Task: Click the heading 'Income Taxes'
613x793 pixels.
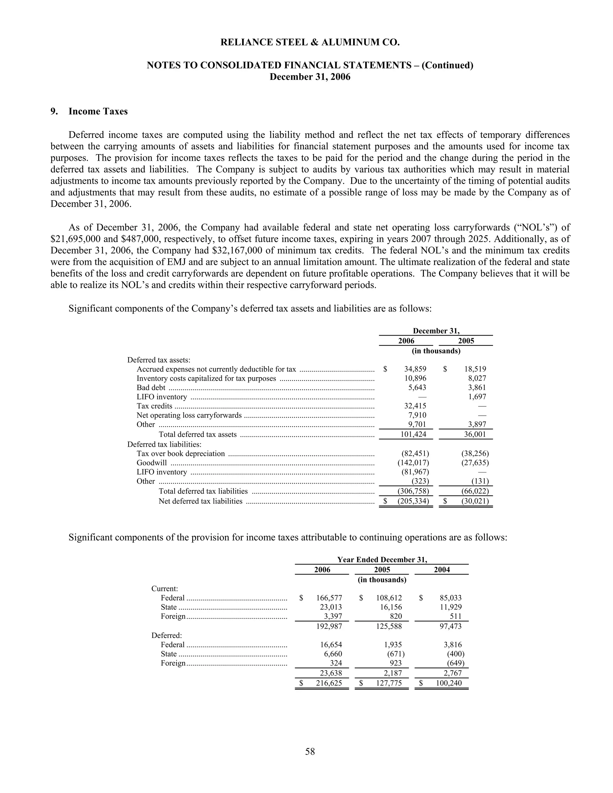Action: [98, 112]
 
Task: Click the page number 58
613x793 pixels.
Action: [310, 751]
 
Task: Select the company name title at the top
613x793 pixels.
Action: [310, 42]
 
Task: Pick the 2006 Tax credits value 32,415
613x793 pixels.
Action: [415, 406]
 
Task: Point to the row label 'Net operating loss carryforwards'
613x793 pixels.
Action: [189, 415]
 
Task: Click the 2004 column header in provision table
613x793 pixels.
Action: [441, 570]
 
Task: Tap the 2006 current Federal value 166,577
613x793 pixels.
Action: [329, 598]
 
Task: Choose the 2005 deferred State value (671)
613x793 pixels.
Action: [395, 654]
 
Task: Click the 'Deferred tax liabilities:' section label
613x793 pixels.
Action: [164, 444]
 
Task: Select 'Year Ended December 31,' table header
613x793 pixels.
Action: [382, 560]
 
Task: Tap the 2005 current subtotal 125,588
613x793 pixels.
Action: [389, 626]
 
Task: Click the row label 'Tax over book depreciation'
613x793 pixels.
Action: [180, 453]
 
